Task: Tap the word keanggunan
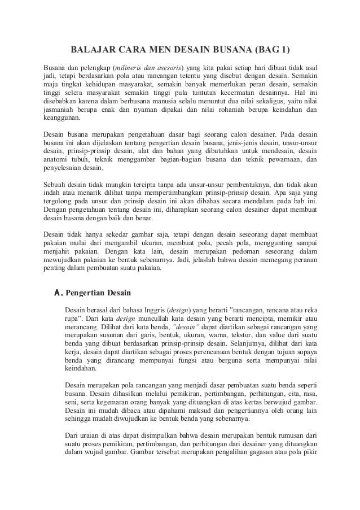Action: coord(62,119)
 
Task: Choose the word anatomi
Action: coord(58,160)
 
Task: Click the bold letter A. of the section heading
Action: coord(58,294)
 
